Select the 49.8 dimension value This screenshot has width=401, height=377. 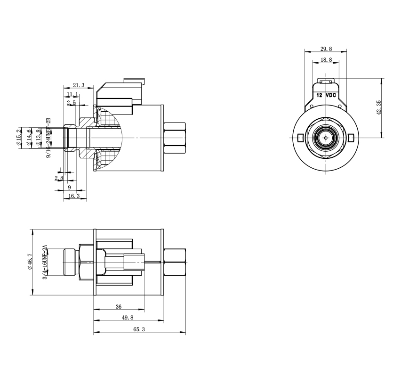point(128,318)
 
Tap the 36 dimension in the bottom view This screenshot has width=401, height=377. point(119,307)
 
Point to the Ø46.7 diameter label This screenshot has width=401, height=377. point(30,263)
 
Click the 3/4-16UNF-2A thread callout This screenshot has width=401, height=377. point(45,263)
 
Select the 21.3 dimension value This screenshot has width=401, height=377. point(79,85)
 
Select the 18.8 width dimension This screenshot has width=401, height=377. point(326,60)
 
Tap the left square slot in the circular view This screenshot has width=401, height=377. point(300,137)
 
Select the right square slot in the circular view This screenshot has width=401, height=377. point(351,137)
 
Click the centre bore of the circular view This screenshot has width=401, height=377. point(326,137)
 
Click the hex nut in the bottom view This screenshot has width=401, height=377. point(175,263)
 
